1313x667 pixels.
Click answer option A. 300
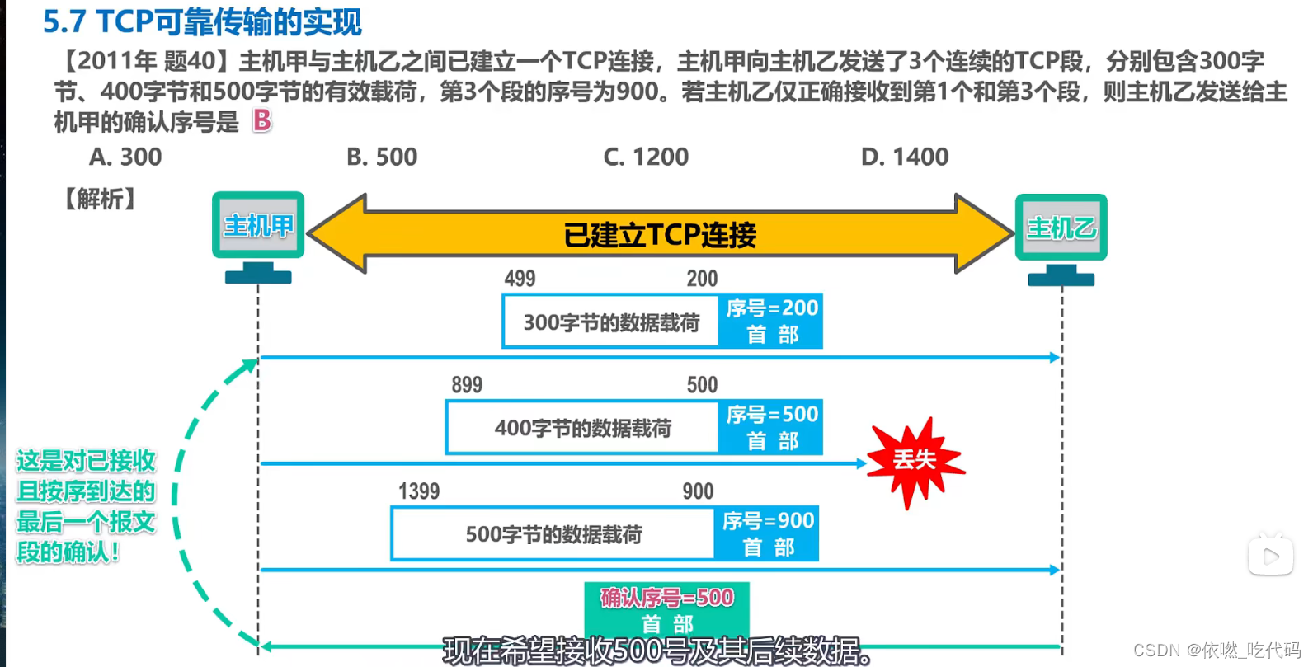click(125, 157)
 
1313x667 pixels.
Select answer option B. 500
click(382, 157)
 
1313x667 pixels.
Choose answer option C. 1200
click(646, 157)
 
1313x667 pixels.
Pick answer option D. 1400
click(905, 157)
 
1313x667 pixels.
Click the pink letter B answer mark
click(262, 121)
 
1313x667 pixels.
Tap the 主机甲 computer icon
click(258, 235)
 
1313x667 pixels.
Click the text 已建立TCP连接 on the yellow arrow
click(660, 235)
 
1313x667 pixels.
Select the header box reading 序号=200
click(770, 321)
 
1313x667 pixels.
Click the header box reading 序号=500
click(770, 427)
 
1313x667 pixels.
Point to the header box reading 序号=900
click(767, 533)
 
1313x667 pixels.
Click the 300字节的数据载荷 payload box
click(611, 322)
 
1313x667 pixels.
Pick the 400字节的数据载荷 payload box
click(582, 428)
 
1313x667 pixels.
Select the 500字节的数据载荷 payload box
click(553, 534)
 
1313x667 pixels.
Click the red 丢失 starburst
click(915, 460)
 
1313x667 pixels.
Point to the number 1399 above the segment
click(419, 491)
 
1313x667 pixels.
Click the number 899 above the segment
click(467, 385)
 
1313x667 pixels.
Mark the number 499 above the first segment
click(520, 279)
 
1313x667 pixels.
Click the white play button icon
click(1270, 557)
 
